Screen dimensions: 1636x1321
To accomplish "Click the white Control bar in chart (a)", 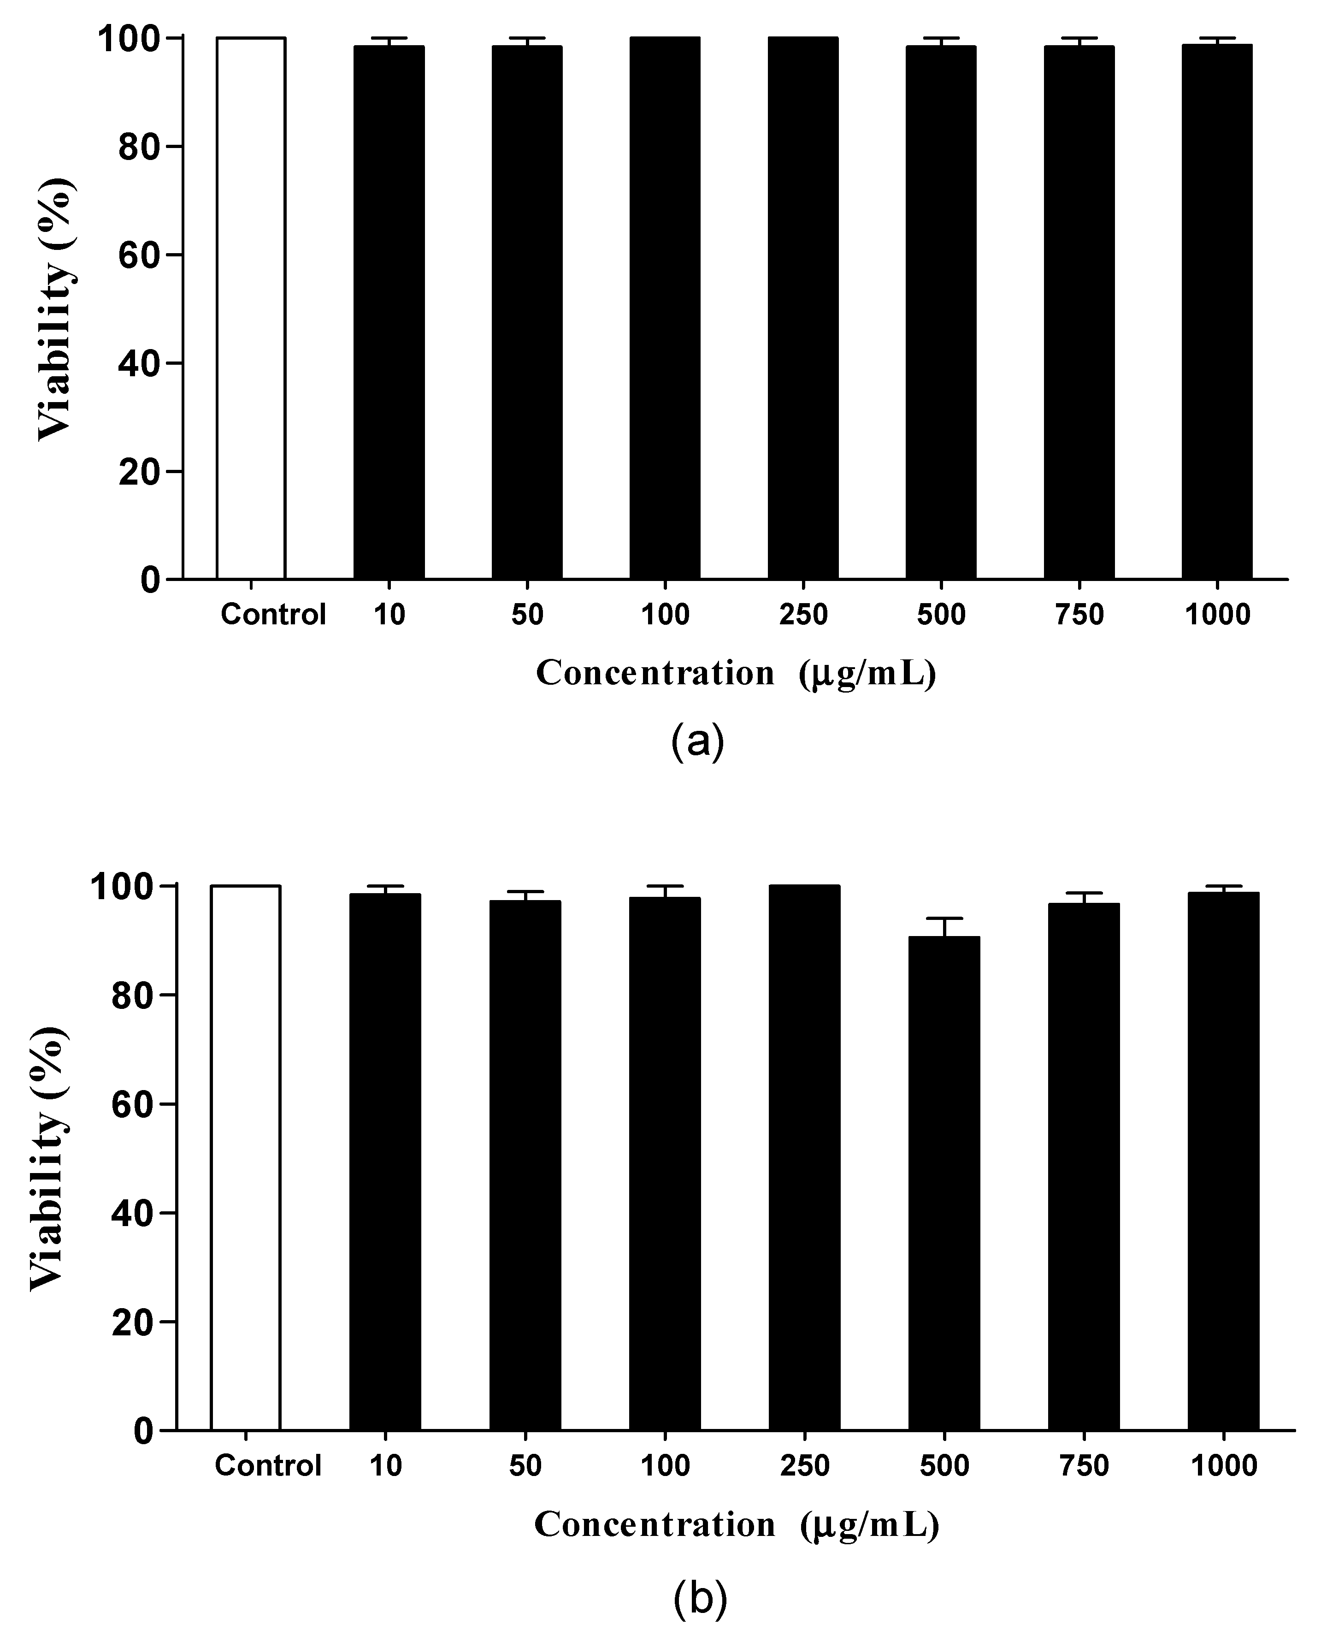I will click(251, 308).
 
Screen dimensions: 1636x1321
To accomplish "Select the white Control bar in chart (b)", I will click(246, 1157).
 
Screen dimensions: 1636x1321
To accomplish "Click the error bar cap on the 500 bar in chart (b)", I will click(944, 919).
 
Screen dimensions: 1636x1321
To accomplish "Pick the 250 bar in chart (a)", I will click(803, 308).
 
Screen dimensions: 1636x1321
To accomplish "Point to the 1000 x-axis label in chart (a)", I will click(1217, 614).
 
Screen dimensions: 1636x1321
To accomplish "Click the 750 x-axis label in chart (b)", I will click(1084, 1465).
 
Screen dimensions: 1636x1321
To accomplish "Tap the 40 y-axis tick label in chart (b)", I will click(132, 1213).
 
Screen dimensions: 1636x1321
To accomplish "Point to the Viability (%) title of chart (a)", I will click(57, 308).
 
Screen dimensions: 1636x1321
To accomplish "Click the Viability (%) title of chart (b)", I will click(49, 1157).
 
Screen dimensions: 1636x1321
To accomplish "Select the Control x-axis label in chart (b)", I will click(268, 1465).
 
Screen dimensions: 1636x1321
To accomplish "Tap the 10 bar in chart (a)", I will click(389, 312).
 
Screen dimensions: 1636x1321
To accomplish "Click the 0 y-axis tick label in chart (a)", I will click(150, 580).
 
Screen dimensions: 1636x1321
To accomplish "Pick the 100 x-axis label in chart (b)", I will click(665, 1465).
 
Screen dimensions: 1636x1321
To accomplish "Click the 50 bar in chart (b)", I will click(525, 1165).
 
